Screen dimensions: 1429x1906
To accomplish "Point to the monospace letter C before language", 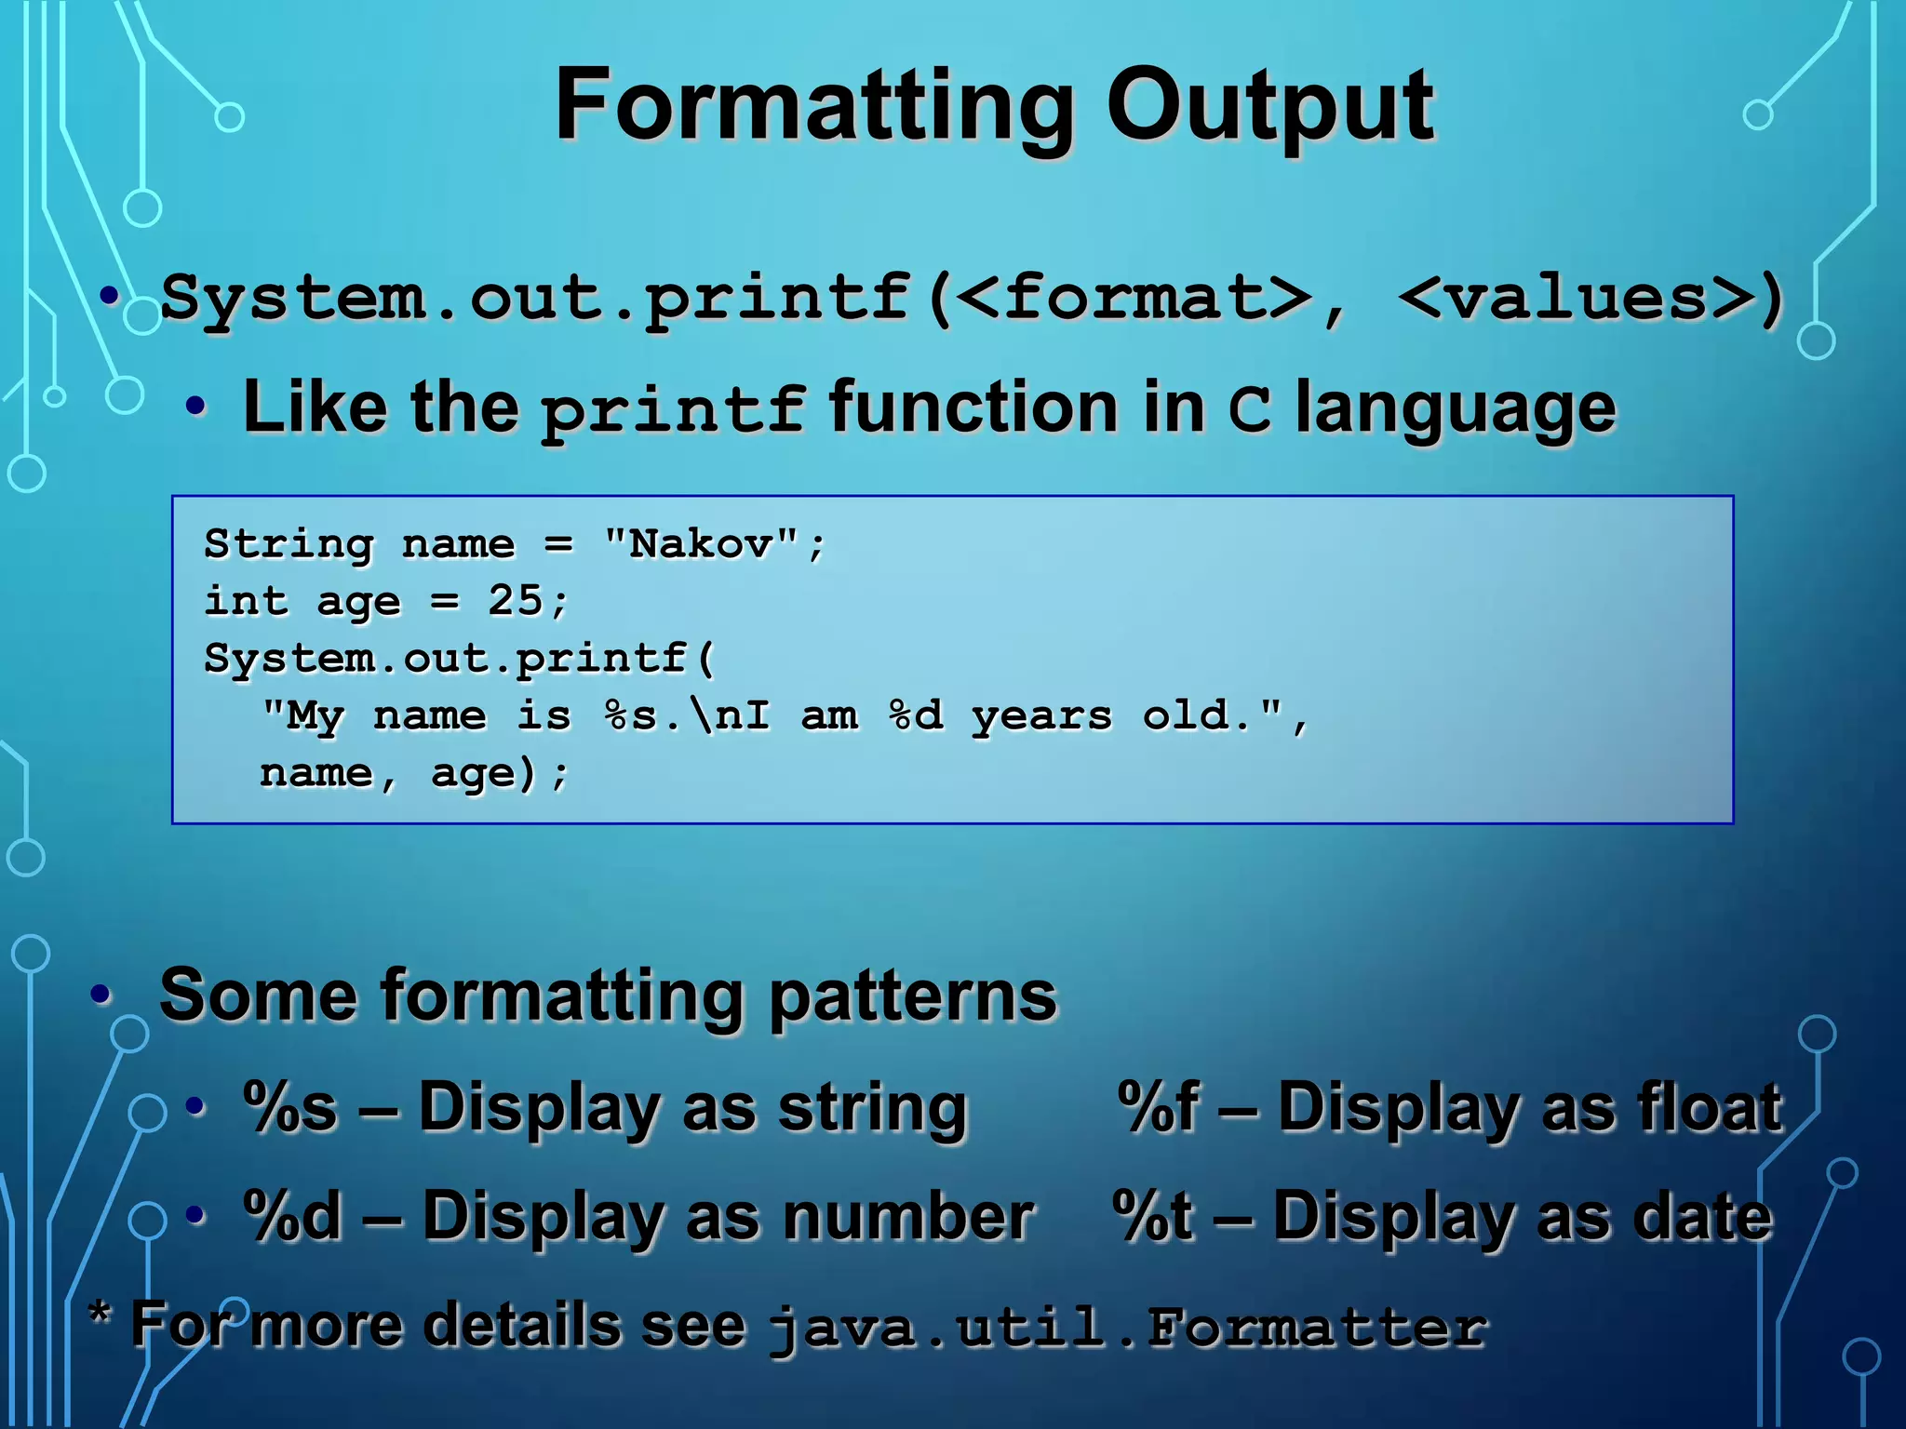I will [1248, 409].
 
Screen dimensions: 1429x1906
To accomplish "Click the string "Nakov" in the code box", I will [701, 544].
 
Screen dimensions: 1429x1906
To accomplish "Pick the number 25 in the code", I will [515, 601].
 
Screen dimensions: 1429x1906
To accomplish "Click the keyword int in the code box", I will [246, 601].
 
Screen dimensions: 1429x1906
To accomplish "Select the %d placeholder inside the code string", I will [916, 715].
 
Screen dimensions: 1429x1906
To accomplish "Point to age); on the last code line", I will [498, 774].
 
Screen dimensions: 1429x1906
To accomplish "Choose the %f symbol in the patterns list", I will [1158, 1107].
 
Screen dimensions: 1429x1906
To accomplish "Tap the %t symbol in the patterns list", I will [1152, 1216].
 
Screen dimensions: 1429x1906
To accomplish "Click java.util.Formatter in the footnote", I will [1126, 1328].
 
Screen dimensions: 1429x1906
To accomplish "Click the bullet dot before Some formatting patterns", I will [101, 995].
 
